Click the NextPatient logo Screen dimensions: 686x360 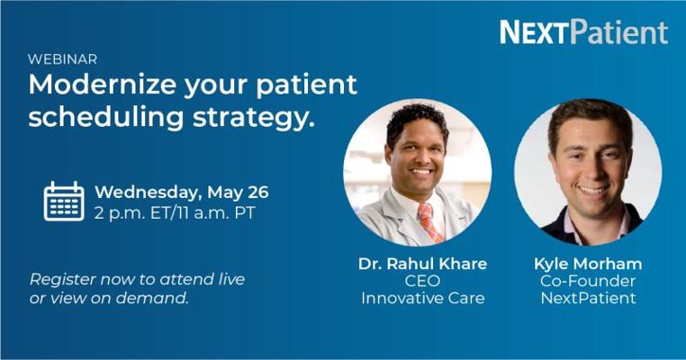click(x=583, y=31)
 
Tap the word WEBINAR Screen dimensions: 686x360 click(x=62, y=59)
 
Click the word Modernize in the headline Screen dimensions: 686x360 click(x=103, y=84)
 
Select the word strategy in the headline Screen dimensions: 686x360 click(x=254, y=117)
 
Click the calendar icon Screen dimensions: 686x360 click(x=64, y=201)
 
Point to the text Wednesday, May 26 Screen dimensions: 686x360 click(x=182, y=193)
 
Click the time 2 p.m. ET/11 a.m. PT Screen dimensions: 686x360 click(x=175, y=213)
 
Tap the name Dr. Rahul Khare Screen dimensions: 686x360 click(x=422, y=264)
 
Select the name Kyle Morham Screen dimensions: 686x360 click(x=588, y=264)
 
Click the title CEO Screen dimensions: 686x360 click(x=422, y=281)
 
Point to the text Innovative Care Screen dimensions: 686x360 click(x=422, y=298)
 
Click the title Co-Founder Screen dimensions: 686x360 click(x=588, y=281)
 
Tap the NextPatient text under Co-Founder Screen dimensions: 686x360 click(x=588, y=298)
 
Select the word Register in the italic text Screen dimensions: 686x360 click(x=62, y=280)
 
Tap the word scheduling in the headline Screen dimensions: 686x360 click(x=106, y=117)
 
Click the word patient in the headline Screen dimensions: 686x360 click(x=306, y=84)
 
